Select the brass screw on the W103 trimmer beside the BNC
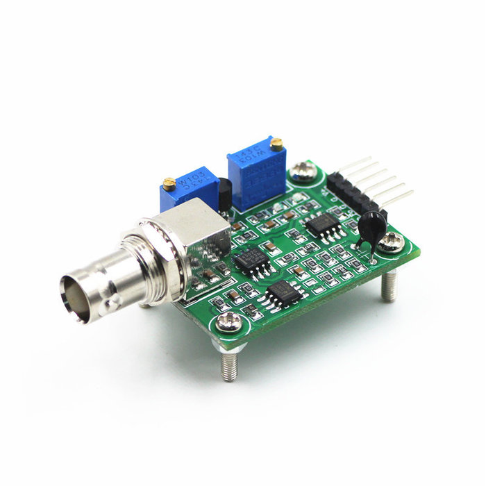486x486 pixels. [168, 183]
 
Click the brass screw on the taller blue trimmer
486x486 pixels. [276, 144]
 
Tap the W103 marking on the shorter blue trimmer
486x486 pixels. [185, 183]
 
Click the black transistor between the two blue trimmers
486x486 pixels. [225, 194]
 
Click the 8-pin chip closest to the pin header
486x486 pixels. [321, 224]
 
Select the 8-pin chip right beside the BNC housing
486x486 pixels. [251, 261]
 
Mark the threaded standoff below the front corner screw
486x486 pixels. [228, 364]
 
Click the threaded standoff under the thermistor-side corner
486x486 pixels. [389, 285]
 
